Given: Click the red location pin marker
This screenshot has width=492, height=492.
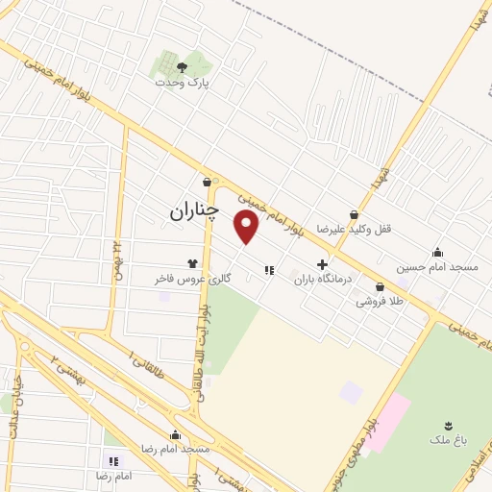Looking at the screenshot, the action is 248,227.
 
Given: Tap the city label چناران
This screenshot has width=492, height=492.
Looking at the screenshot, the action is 194,209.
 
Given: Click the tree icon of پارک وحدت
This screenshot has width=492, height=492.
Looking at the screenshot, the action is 182,66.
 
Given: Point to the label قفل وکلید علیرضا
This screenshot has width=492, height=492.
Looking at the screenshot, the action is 355,230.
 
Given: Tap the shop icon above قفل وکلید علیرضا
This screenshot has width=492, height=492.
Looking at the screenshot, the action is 355,214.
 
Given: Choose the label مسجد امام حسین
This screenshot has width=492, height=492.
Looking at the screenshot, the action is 438,267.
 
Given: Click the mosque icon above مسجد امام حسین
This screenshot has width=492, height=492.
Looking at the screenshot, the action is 438,252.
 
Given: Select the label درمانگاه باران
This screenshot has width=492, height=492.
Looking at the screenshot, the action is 323,279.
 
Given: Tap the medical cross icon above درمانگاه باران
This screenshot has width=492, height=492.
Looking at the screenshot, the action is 322,264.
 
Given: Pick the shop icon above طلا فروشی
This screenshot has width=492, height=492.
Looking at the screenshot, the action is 380,286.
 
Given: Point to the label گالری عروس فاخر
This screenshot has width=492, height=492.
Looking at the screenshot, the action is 189,278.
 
